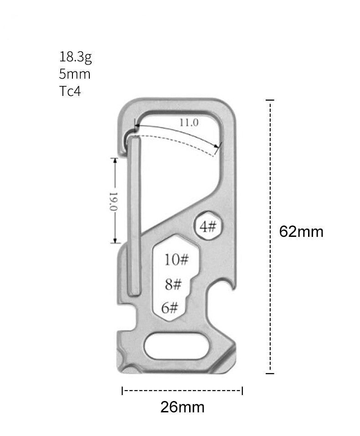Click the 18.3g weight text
click(x=75, y=57)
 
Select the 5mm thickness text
click(x=75, y=74)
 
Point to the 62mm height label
click(x=301, y=232)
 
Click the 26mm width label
click(x=182, y=406)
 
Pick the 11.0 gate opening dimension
click(x=189, y=122)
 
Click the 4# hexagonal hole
click(x=208, y=226)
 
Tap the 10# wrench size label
click(x=176, y=260)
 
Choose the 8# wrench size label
click(x=173, y=285)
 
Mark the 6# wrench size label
click(x=170, y=308)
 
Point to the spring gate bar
click(x=134, y=218)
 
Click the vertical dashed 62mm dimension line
click(x=270, y=236)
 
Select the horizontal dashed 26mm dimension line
click(x=182, y=390)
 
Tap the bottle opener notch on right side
click(x=228, y=287)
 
